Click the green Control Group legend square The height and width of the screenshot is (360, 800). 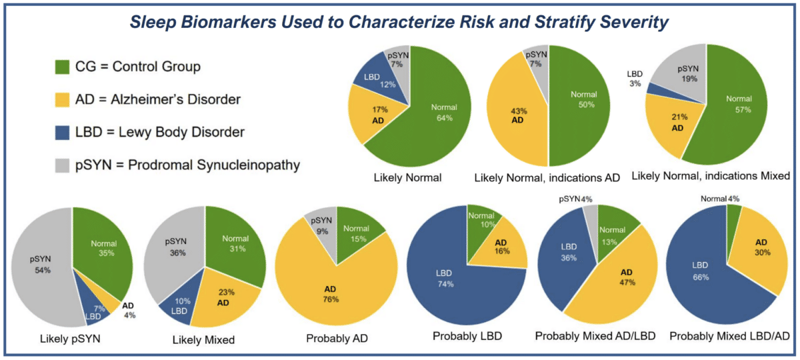pyautogui.click(x=61, y=67)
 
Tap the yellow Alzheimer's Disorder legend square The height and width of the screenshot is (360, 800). pyautogui.click(x=61, y=99)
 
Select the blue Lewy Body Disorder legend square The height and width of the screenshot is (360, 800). pyautogui.click(x=61, y=132)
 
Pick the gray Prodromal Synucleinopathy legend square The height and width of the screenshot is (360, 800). pyautogui.click(x=61, y=165)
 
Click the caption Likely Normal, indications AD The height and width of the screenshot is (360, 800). pyautogui.click(x=546, y=178)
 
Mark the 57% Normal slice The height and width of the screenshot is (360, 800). pyautogui.click(x=733, y=107)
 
